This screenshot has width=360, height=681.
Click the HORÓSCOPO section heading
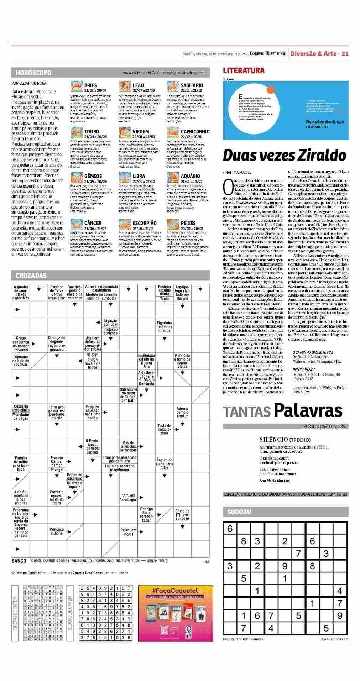coord(33,73)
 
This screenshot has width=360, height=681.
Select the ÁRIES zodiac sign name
coord(91,85)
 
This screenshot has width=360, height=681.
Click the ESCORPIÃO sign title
coord(144,223)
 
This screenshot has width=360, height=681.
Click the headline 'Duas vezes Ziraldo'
coord(284,155)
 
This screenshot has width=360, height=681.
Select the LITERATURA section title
coord(244,70)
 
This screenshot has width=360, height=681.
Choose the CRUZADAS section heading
coord(31,276)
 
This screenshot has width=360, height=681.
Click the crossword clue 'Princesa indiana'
coord(57,531)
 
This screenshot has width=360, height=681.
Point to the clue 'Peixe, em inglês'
coord(128,532)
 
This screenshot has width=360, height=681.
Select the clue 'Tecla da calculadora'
coord(164,429)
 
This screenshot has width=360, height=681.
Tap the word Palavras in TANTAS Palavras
coord(308,411)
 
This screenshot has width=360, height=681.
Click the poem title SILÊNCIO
coord(273,439)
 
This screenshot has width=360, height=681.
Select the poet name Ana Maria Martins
coord(275,480)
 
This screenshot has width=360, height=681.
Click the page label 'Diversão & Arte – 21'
coord(319,54)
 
